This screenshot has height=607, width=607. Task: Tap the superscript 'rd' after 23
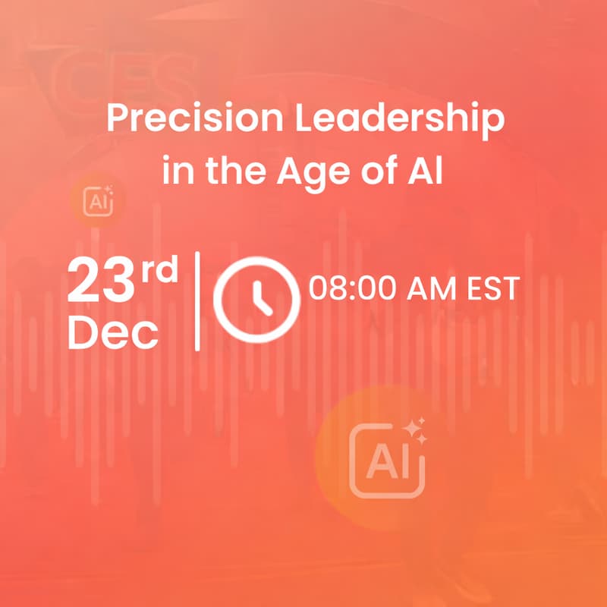click(161, 269)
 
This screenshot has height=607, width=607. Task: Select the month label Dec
click(113, 332)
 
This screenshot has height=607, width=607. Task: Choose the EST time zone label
click(492, 288)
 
